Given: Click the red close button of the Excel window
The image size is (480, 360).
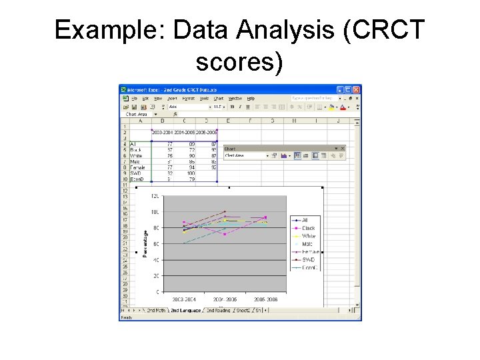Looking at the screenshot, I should pos(357,89).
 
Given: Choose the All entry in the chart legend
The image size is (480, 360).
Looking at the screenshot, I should pos(305,220).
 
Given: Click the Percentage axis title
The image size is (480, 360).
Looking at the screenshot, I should pos(145,244).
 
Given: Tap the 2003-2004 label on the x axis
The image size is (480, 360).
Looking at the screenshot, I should pos(183,300).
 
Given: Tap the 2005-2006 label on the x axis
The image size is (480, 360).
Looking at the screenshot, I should pos(265,300).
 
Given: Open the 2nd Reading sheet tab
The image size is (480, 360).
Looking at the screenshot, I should pos(218,310).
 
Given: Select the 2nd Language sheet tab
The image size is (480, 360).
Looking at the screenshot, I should pos(186,310).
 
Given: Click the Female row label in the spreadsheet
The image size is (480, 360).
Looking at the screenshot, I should pos(138,167).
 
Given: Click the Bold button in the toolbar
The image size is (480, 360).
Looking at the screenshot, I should pos(231,106).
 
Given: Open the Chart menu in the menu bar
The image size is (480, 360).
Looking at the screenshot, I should pos(218,98).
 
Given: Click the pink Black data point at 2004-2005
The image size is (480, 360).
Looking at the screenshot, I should pos(225,234).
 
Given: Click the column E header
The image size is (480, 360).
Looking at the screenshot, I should pos(228,121).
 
